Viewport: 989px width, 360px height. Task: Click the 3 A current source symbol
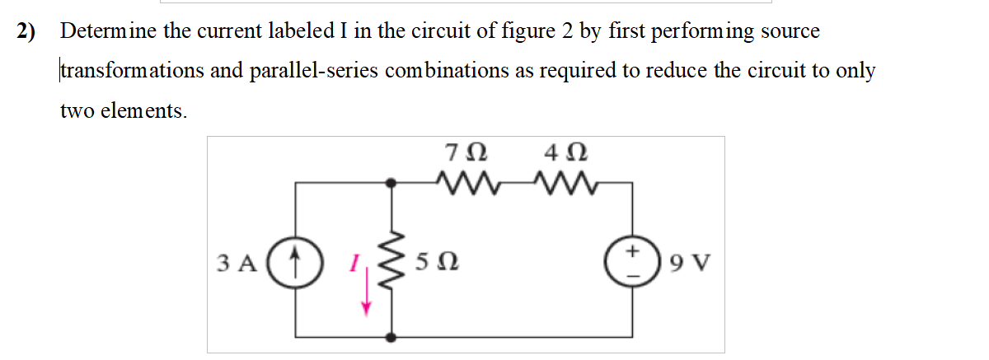pos(294,264)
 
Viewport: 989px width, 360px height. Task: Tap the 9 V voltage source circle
pos(632,264)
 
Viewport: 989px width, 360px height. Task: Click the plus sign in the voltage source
pos(633,250)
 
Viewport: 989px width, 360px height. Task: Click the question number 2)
pos(30,32)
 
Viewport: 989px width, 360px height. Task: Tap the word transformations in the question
pos(132,71)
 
